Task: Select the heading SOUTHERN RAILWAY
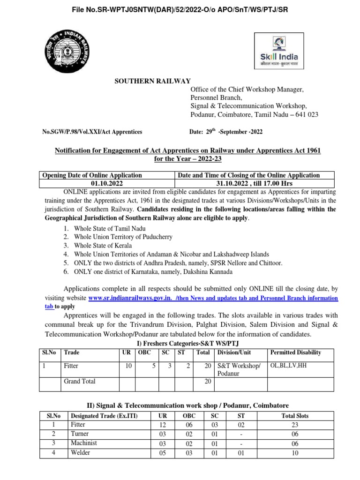coord(153,82)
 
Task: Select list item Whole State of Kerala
coord(103,245)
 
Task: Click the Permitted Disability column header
coord(295,352)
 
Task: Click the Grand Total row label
coord(79,382)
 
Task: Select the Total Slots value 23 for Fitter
coord(295,425)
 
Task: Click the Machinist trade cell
coord(82,443)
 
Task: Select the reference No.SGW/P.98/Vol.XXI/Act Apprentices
coord(92,133)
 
